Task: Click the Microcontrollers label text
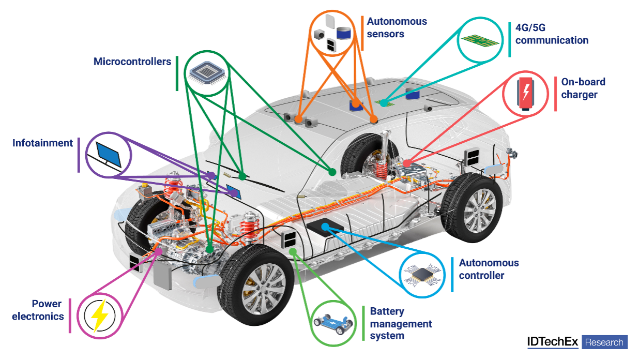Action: coord(132,62)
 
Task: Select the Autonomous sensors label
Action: coord(397,28)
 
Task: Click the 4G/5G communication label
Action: coord(552,34)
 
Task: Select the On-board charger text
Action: coord(583,88)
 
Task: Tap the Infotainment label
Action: coord(43,143)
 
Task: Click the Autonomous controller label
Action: coord(489,269)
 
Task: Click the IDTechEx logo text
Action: coord(553,342)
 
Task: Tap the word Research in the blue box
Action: coord(604,342)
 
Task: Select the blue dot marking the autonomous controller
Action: coord(325,227)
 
